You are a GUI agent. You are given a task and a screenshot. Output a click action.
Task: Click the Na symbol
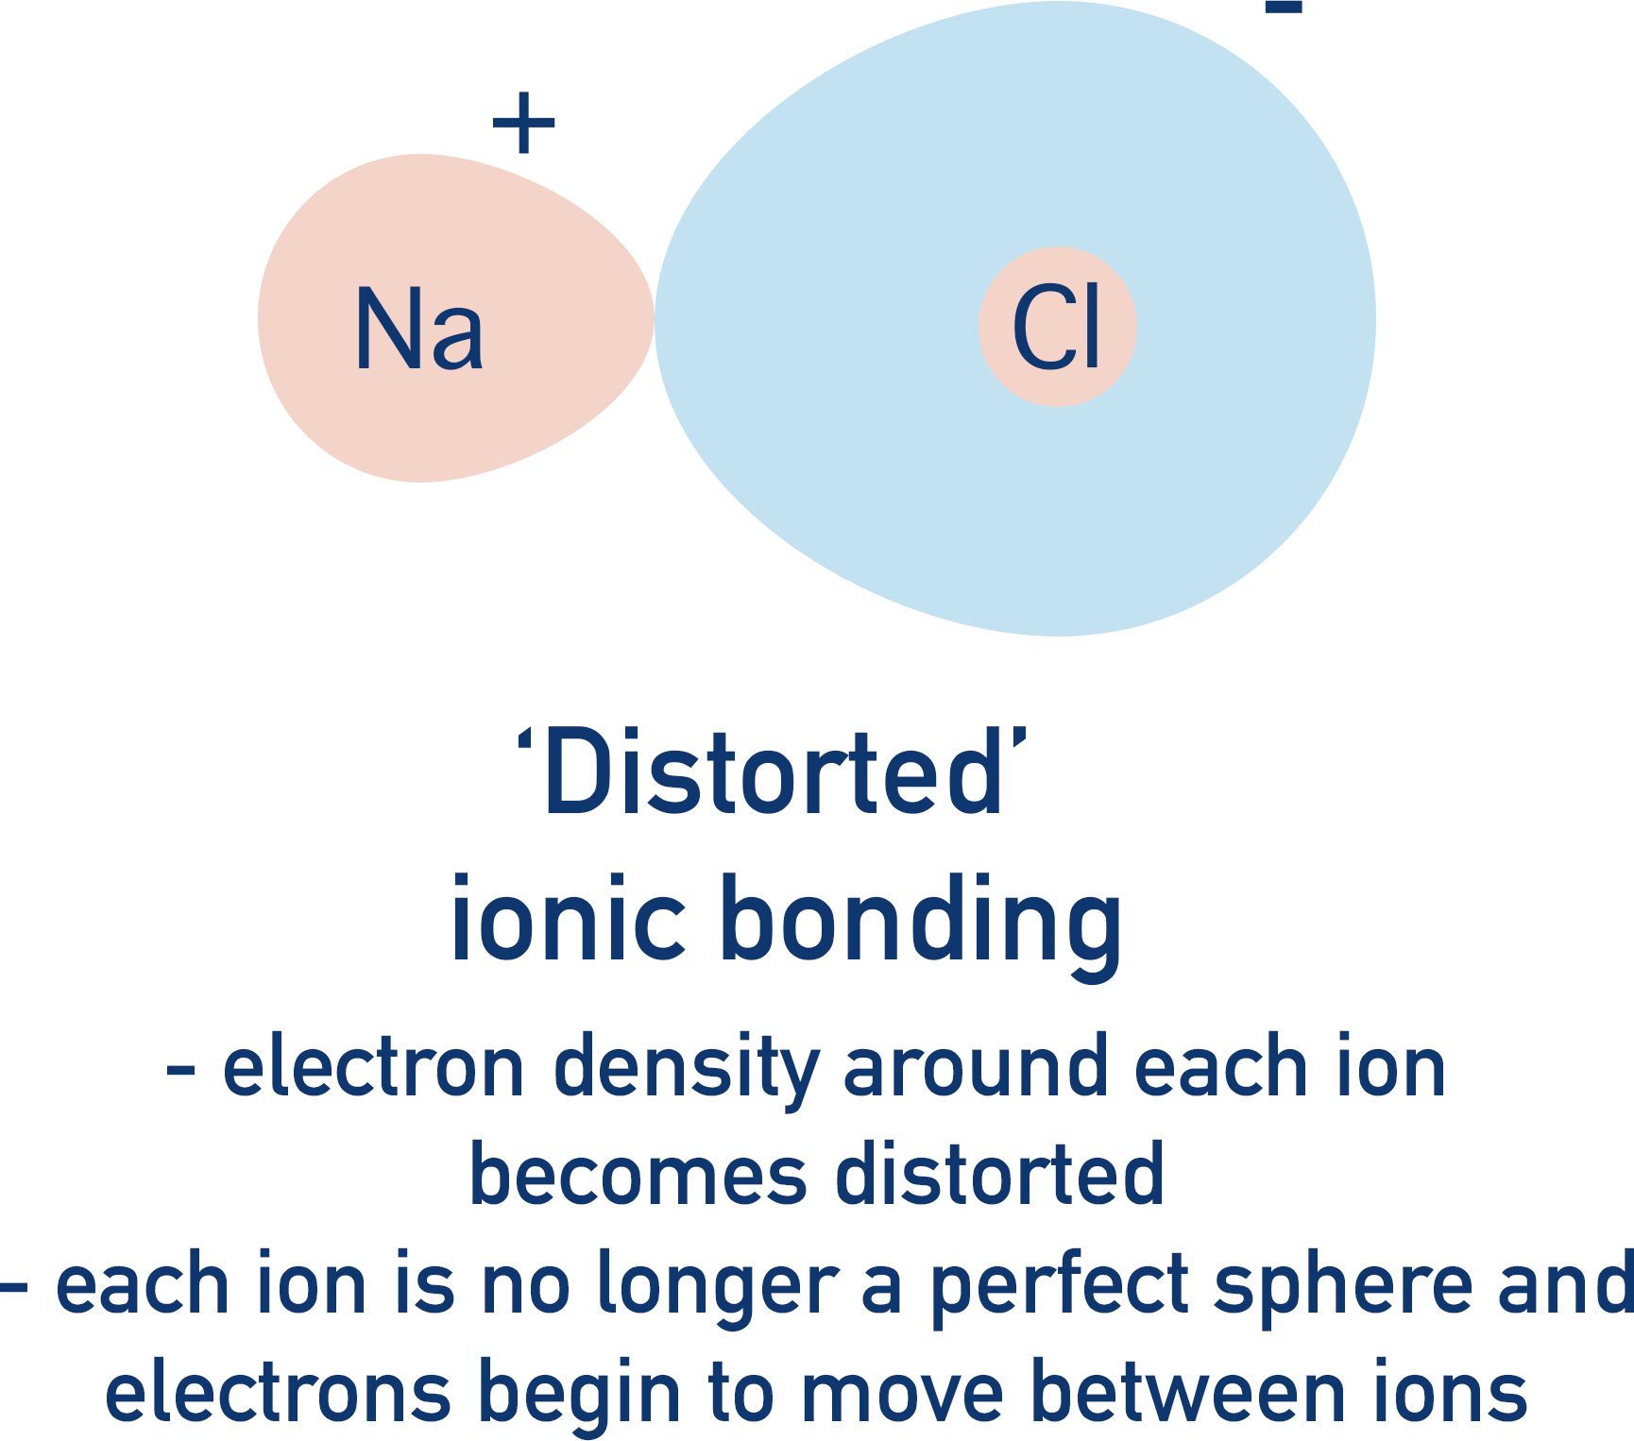pos(419,329)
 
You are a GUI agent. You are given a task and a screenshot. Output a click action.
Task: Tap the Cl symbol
pos(1056,329)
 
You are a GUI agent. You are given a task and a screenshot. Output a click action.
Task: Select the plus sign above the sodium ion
pos(523,124)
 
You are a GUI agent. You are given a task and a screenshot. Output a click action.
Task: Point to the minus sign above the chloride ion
pos(1284,8)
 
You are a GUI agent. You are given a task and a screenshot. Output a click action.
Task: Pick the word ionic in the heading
pos(568,919)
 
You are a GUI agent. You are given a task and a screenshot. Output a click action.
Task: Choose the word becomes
pos(638,1176)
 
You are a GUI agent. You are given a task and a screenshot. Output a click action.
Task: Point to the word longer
pos(718,1287)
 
